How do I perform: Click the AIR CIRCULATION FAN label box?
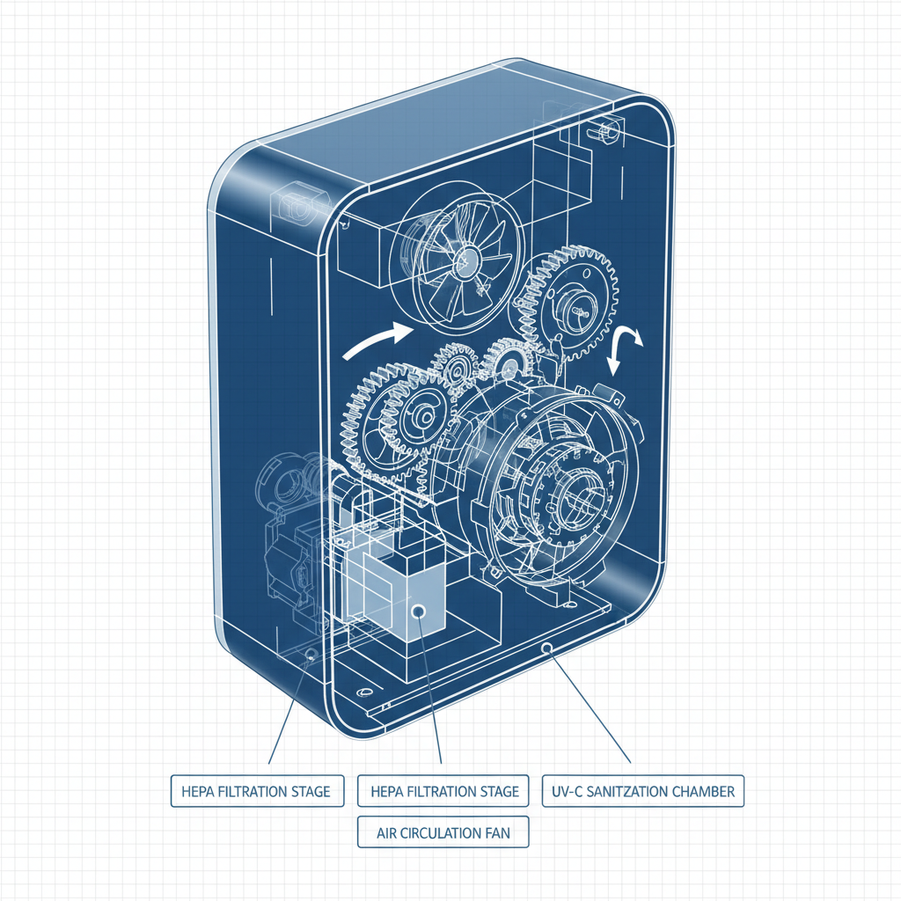(x=443, y=831)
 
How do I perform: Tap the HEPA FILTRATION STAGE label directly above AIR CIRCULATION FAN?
(x=443, y=791)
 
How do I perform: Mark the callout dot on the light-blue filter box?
(x=419, y=611)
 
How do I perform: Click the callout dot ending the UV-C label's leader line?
(x=546, y=648)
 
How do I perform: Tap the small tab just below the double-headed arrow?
(x=603, y=392)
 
